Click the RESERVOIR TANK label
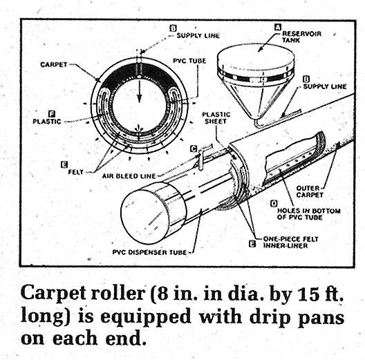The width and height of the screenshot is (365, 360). pos(301,37)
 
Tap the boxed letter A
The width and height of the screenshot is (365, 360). pos(278,27)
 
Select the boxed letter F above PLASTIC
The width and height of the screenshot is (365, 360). pos(52,114)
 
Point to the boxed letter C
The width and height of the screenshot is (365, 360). pos(194,149)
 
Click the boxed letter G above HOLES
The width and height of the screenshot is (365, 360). pos(274,203)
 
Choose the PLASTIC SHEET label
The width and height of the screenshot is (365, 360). pos(216,117)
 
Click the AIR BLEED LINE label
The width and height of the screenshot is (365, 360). pos(129,176)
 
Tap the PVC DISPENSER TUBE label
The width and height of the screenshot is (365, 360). pos(149,252)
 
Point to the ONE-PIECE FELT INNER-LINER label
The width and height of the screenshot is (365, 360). pos(290,243)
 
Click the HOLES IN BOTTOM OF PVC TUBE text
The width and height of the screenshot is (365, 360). pos(309,214)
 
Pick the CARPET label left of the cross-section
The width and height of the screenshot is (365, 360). pos(54,64)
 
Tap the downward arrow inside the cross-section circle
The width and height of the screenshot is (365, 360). pos(139,91)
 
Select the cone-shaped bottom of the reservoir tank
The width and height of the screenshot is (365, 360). pos(255,100)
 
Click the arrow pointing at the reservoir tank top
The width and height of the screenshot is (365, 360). pos(268,43)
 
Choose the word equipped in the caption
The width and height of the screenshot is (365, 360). pos(145,318)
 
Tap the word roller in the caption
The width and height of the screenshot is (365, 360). pos(118,292)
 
